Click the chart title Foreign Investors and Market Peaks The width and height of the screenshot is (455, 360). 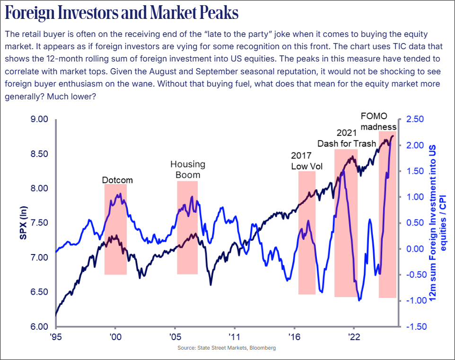coord(122,14)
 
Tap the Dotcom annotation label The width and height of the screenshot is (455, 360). coord(117,180)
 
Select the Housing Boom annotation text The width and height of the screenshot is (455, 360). coord(188,169)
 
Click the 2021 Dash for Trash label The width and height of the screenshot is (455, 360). coord(347,138)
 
